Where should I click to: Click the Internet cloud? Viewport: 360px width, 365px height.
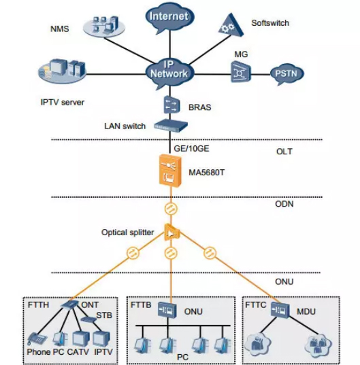pyautogui.click(x=169, y=18)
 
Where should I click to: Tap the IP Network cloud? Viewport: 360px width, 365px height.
pyautogui.click(x=169, y=71)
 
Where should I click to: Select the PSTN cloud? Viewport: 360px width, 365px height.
pyautogui.click(x=287, y=74)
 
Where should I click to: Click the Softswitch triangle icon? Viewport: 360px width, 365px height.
pyautogui.click(x=231, y=25)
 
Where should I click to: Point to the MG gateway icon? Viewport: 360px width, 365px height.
pyautogui.click(x=241, y=72)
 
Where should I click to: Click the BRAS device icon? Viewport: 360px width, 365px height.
pyautogui.click(x=171, y=105)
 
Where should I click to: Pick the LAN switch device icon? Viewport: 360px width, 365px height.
pyautogui.click(x=171, y=125)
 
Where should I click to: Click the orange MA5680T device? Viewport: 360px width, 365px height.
pyautogui.click(x=170, y=171)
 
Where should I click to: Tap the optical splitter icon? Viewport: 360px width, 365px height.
pyautogui.click(x=172, y=232)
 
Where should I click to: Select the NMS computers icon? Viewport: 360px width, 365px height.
pyautogui.click(x=104, y=26)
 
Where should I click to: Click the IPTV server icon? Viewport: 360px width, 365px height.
pyautogui.click(x=62, y=71)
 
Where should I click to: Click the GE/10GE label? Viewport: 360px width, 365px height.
pyautogui.click(x=191, y=148)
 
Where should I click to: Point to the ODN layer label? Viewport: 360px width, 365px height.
pyautogui.click(x=284, y=204)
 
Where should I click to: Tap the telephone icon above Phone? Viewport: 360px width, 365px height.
pyautogui.click(x=37, y=338)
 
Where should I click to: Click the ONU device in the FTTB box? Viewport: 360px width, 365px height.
pyautogui.click(x=167, y=310)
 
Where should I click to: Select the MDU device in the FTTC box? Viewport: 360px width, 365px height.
pyautogui.click(x=280, y=310)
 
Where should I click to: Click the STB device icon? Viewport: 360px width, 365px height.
pyautogui.click(x=88, y=319)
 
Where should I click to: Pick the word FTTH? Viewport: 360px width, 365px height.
pyautogui.click(x=38, y=305)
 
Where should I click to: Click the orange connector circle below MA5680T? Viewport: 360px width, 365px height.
pyautogui.click(x=171, y=209)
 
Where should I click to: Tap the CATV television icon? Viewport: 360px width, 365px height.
pyautogui.click(x=81, y=338)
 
